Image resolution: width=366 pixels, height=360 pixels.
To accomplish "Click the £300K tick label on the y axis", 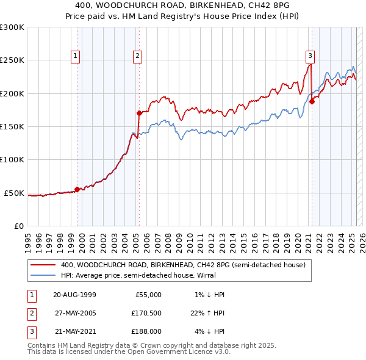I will [12, 27].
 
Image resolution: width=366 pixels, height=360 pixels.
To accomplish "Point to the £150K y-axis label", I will [12, 127].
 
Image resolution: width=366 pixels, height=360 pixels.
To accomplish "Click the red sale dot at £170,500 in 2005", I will [139, 113].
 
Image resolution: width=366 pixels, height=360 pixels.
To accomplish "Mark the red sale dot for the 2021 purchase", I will [312, 101].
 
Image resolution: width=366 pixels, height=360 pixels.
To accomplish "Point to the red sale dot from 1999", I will [77, 189].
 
